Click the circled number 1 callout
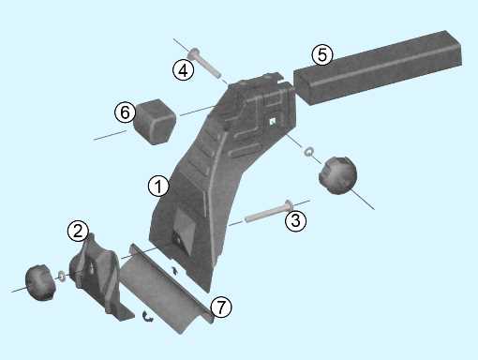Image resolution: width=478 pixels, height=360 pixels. point(158,187)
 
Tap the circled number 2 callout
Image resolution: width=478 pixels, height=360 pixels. point(78,231)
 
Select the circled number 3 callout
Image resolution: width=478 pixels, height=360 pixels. point(295,220)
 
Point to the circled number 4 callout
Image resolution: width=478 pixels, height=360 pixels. point(184,69)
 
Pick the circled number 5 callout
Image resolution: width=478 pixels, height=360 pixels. point(322,54)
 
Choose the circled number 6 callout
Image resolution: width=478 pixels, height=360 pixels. point(125,112)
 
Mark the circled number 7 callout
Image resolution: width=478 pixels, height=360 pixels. point(221,307)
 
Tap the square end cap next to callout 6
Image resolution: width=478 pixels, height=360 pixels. point(155,121)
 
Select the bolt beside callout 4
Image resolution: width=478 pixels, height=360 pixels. point(204,64)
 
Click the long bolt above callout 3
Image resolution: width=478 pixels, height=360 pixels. point(269,211)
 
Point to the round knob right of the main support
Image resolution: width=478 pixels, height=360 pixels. point(337,175)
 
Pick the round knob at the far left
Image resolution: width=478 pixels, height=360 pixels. point(40,282)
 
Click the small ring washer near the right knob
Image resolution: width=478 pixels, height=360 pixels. point(308,152)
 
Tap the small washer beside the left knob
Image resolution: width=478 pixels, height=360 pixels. point(62,277)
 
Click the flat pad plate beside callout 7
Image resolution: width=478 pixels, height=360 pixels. point(167,288)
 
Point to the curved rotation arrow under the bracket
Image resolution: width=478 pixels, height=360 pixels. point(147,316)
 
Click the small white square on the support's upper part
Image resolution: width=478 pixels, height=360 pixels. point(272,121)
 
